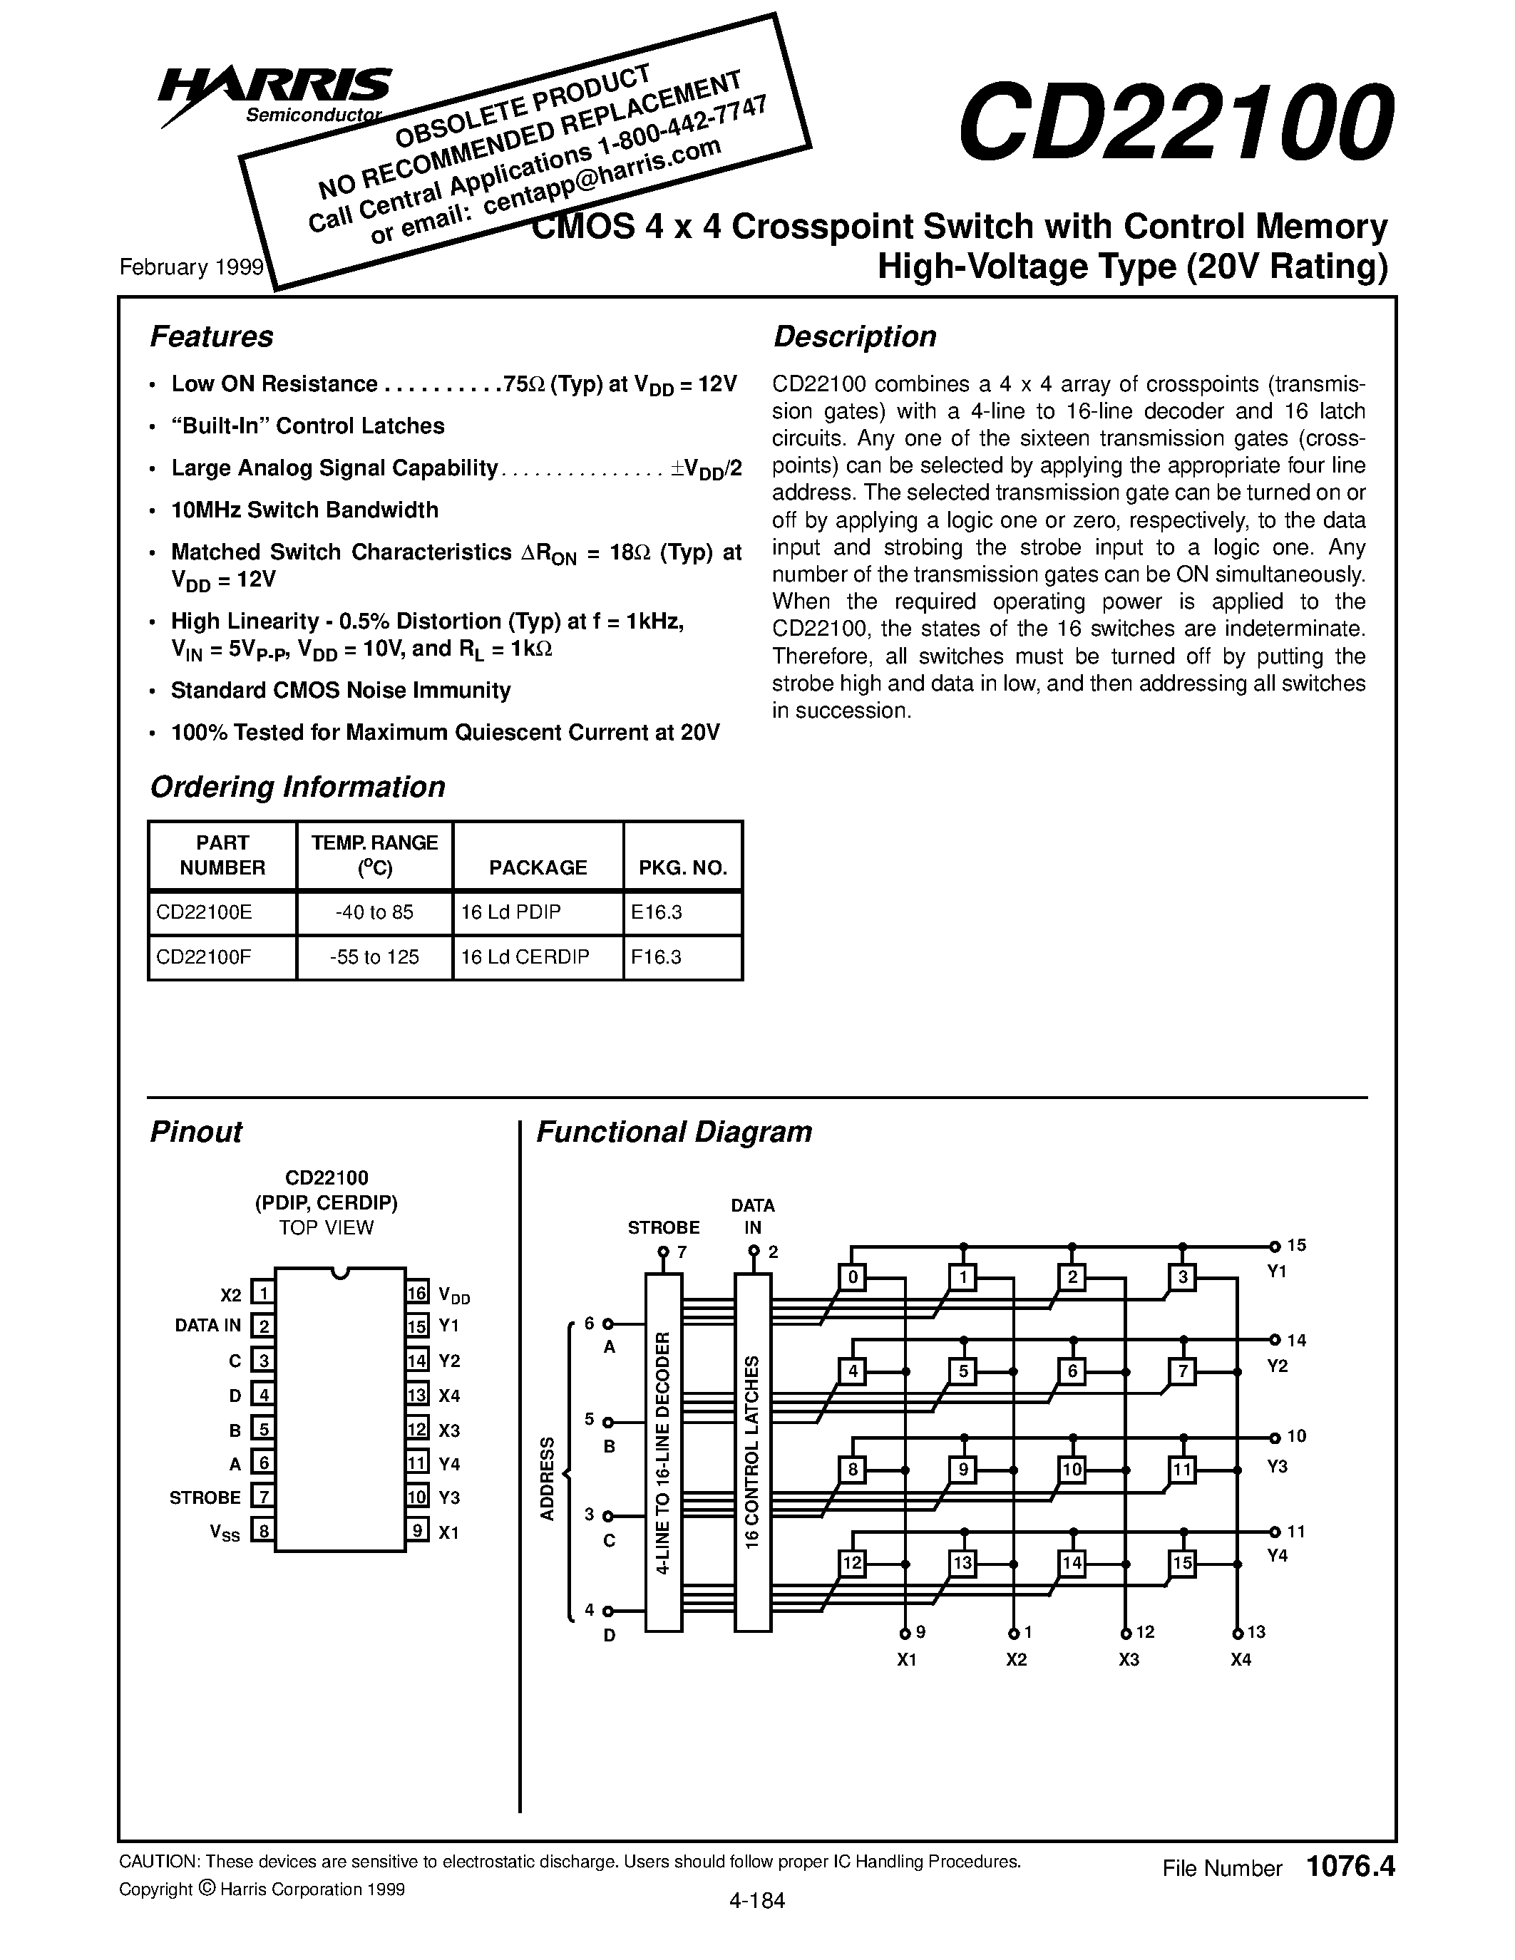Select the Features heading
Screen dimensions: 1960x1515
pos(211,336)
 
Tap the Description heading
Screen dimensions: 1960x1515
pos(854,336)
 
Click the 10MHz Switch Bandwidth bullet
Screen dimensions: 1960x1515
pos(304,510)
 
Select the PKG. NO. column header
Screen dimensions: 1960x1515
pos(682,867)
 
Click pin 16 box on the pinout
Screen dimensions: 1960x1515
pos(417,1293)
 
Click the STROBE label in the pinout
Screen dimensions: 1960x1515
pos(205,1497)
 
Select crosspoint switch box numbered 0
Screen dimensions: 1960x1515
pos(853,1277)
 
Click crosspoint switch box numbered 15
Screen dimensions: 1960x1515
pos(1182,1563)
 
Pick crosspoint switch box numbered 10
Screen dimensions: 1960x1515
pos(1072,1469)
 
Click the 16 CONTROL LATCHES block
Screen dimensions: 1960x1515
pos(752,1451)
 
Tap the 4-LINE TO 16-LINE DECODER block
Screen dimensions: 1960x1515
pos(663,1451)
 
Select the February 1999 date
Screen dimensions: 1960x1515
pos(191,267)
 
